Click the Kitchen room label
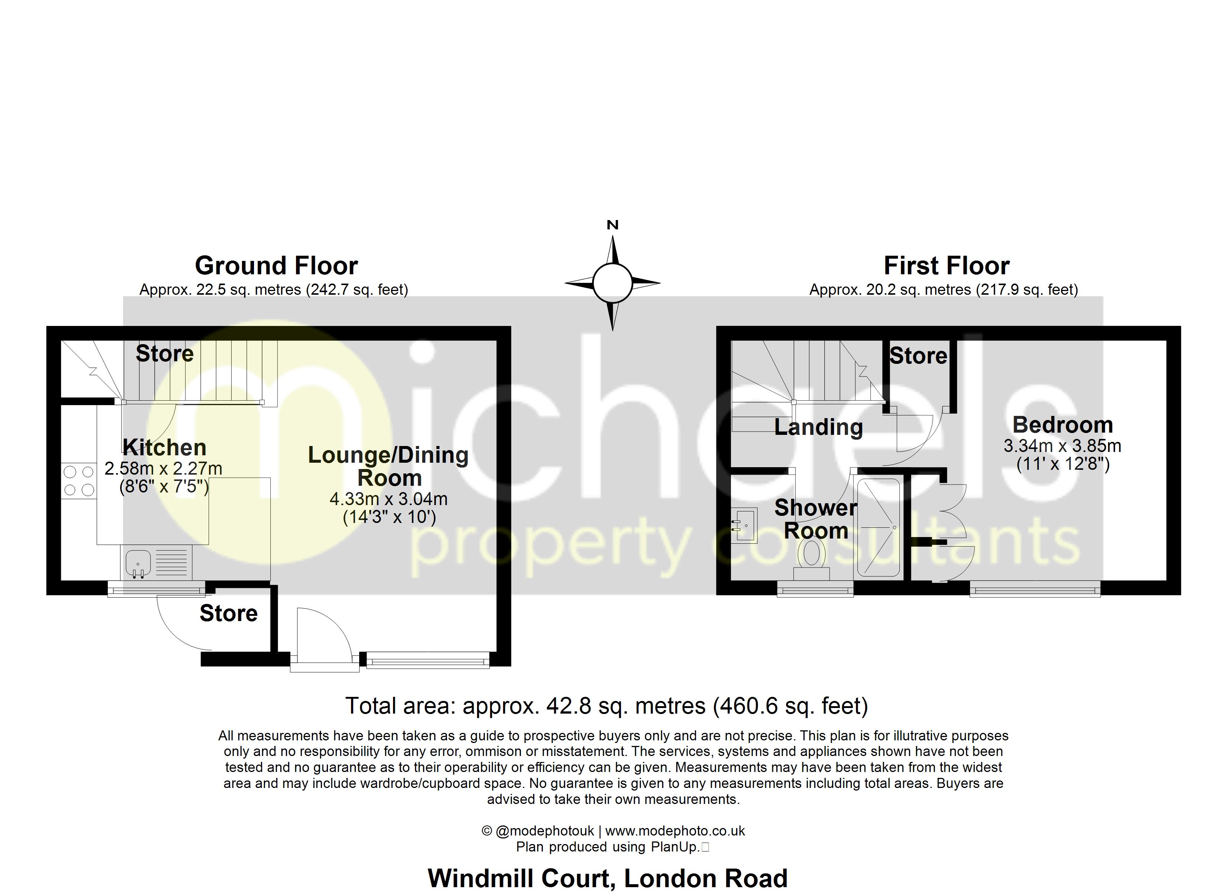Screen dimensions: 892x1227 point(164,447)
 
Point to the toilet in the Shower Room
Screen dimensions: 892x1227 point(812,557)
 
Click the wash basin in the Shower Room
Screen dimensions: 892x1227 point(745,525)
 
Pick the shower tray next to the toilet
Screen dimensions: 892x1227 point(879,527)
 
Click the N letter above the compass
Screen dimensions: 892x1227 point(612,225)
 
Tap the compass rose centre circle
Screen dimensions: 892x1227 point(612,283)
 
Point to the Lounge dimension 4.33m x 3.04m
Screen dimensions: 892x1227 point(389,499)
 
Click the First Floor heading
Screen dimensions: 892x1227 point(946,266)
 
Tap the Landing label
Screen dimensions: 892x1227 point(818,427)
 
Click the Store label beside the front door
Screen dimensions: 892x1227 point(228,613)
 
